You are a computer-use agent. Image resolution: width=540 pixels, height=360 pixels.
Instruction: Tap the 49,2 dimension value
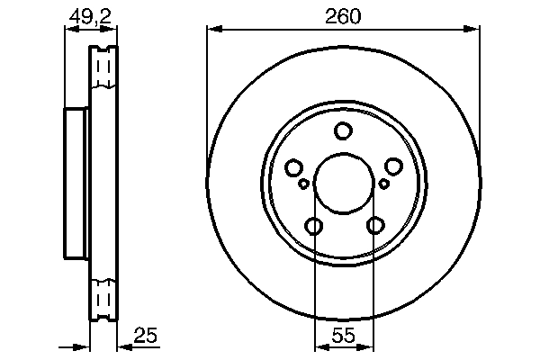pyautogui.click(x=85, y=15)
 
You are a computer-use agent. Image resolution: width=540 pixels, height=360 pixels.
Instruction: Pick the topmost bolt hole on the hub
pyautogui.click(x=343, y=131)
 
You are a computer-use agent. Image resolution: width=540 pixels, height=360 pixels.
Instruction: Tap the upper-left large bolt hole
pyautogui.click(x=293, y=167)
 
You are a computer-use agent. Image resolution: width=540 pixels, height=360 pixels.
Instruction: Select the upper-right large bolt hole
pyautogui.click(x=393, y=167)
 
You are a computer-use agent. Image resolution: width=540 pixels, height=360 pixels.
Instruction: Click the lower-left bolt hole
pyautogui.click(x=313, y=226)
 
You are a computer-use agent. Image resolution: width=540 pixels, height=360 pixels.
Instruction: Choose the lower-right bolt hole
pyautogui.click(x=373, y=226)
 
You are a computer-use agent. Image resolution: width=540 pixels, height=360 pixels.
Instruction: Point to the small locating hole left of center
pyautogui.click(x=304, y=184)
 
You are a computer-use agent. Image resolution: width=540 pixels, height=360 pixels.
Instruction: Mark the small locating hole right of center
pyautogui.click(x=383, y=184)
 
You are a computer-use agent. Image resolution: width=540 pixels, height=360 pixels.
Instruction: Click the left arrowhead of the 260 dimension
pyautogui.click(x=212, y=30)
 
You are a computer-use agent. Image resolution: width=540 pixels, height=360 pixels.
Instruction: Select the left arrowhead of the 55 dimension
pyautogui.click(x=318, y=347)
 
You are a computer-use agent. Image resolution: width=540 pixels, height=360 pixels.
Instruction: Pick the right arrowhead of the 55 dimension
pyautogui.click(x=368, y=347)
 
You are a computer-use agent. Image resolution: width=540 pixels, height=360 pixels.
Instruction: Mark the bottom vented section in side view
pyautogui.click(x=104, y=298)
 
